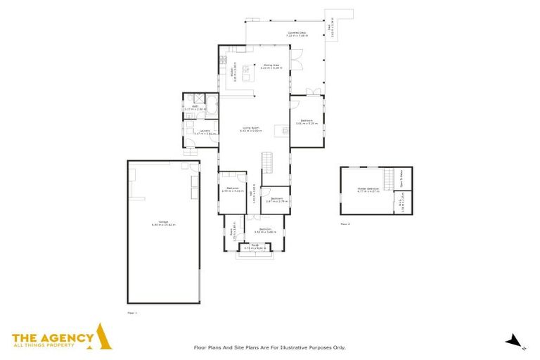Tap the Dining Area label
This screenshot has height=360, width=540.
tap(271, 67)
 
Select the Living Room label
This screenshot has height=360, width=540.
tap(250, 129)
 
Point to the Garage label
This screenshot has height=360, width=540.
tap(162, 224)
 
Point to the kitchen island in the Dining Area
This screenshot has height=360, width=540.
tap(247, 70)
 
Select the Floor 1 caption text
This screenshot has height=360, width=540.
tap(131, 311)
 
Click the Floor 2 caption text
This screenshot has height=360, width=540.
tap(345, 224)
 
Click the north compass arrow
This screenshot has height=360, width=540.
tap(515, 341)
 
